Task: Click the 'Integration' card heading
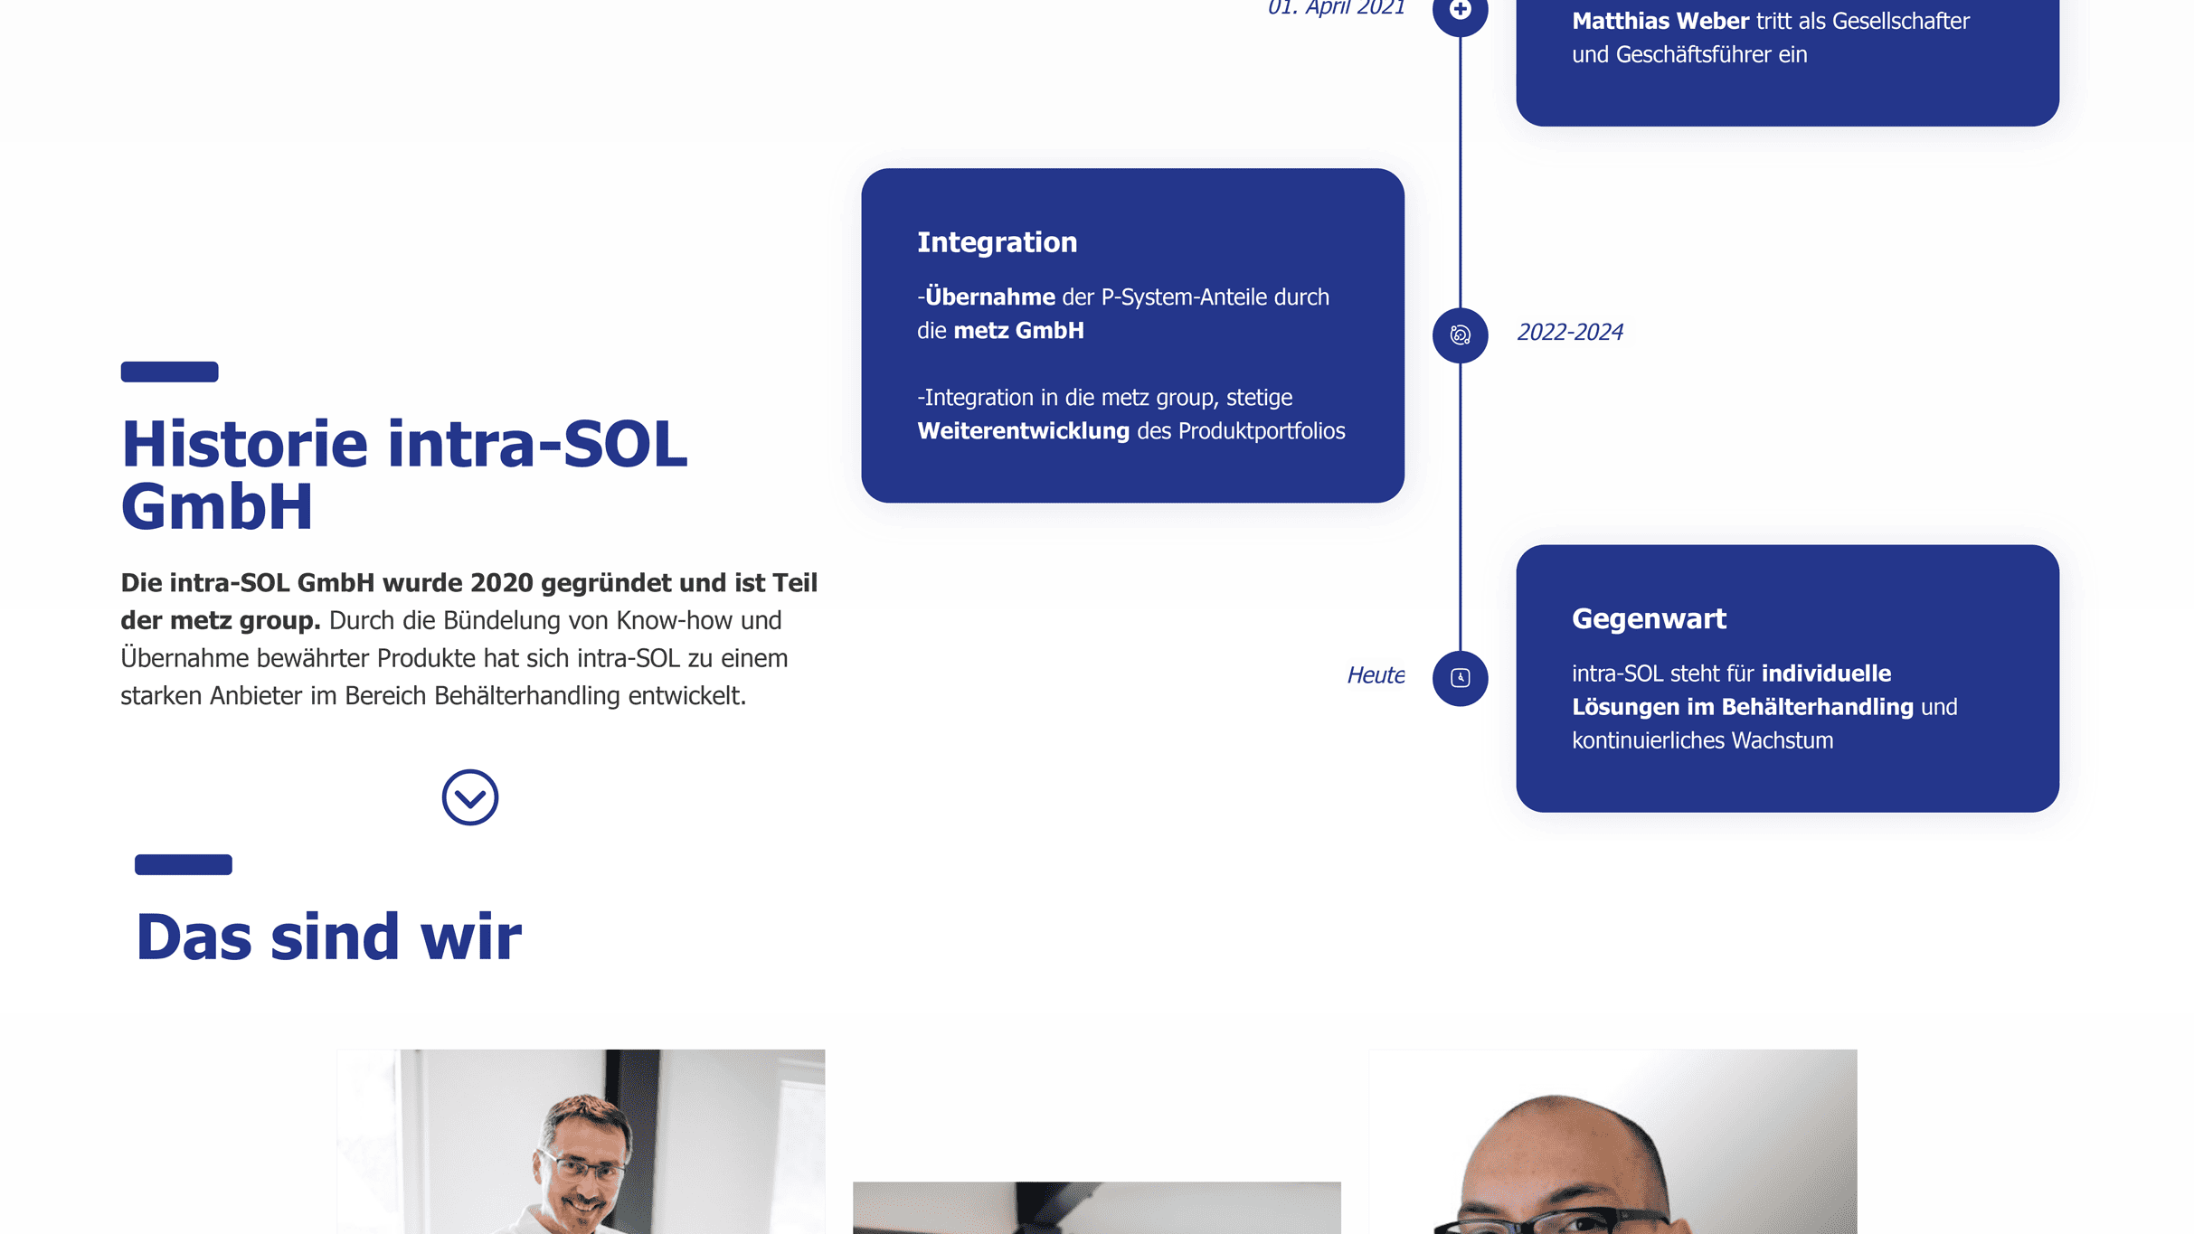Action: coord(997,242)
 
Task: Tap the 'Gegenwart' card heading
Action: coord(1649,619)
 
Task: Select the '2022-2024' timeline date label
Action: coord(1570,333)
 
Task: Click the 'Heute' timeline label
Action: coord(1376,675)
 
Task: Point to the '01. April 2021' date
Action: coord(1336,8)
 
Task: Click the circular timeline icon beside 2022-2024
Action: coord(1460,335)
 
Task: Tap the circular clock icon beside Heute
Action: coord(1460,678)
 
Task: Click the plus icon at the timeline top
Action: coord(1460,10)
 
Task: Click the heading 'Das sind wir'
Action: coord(328,937)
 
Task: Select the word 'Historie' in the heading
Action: coord(244,445)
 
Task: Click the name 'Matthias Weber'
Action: coord(1660,21)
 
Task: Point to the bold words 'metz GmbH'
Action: coord(1018,331)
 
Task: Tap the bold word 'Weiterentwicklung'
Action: coord(1023,431)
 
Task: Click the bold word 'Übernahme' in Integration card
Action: coord(989,297)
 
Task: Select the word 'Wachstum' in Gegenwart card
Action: coord(1782,740)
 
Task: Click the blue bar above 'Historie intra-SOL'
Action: coord(169,372)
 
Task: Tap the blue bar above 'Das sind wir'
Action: coord(184,865)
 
